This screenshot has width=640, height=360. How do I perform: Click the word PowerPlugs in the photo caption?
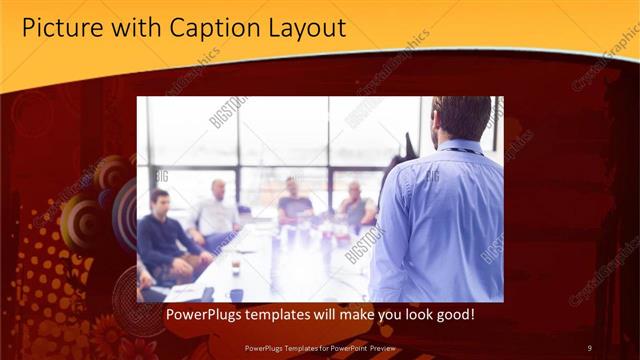pos(202,314)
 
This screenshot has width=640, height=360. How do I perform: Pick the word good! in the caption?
pos(453,314)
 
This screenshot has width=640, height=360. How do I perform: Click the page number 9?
pos(589,347)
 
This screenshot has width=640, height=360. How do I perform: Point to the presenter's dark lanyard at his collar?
pos(462,151)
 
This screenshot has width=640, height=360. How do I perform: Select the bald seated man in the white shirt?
pos(216,212)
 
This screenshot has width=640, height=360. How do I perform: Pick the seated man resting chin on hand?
pos(356,206)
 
